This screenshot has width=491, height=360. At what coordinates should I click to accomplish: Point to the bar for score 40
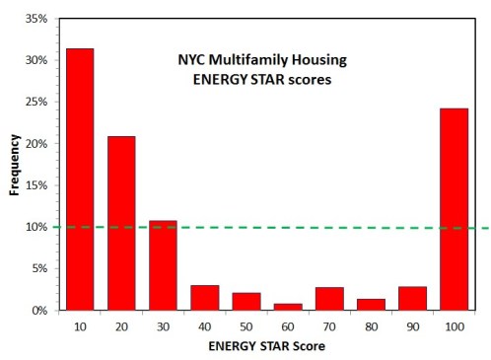pos(204,297)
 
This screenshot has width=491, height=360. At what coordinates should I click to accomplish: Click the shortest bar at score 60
pos(288,306)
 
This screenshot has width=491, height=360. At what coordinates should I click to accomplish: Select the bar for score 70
pos(329,298)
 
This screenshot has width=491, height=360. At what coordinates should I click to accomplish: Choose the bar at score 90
pos(412,298)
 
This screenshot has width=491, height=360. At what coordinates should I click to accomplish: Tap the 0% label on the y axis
pos(37,310)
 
